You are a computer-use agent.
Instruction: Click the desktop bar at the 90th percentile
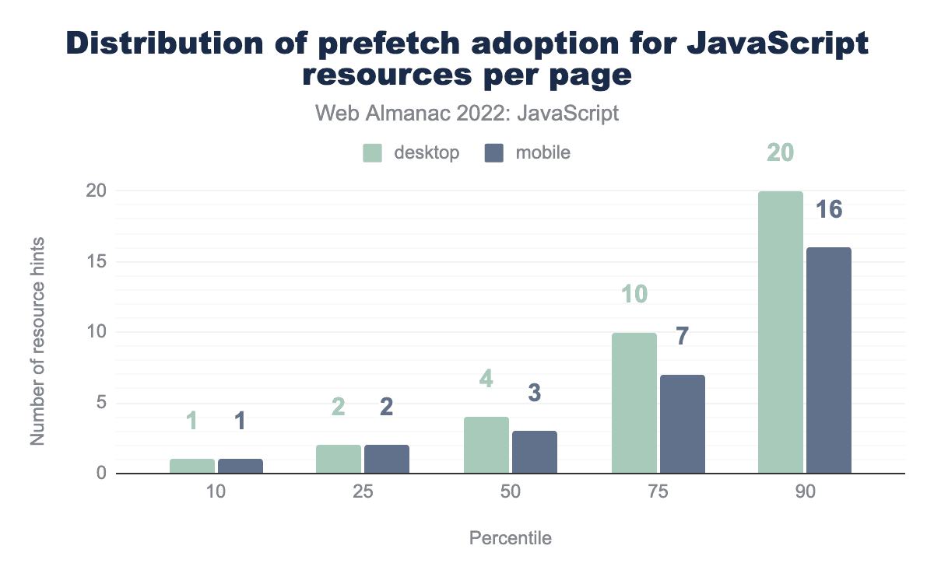click(x=781, y=332)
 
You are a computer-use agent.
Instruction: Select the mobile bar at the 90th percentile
click(x=829, y=360)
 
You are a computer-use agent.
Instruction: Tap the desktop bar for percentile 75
click(x=634, y=403)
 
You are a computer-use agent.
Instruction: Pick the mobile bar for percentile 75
click(x=683, y=424)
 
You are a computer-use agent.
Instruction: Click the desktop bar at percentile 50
click(x=486, y=445)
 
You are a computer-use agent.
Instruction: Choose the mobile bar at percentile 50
click(x=535, y=452)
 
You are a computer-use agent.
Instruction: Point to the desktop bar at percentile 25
click(x=339, y=459)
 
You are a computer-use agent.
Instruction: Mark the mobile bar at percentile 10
click(x=241, y=466)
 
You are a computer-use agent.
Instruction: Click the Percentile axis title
click(x=511, y=538)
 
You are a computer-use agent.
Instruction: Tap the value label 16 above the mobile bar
click(x=829, y=210)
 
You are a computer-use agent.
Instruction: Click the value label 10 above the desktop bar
click(x=634, y=295)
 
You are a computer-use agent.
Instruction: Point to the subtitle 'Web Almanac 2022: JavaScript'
click(x=467, y=114)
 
